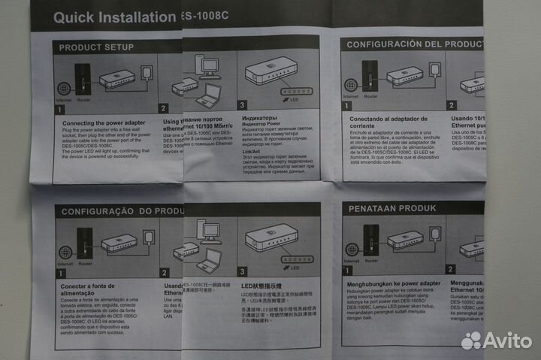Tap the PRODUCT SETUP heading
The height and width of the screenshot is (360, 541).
96,47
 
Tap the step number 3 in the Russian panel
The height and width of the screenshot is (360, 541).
242,105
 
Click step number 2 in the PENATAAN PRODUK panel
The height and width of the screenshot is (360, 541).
450,268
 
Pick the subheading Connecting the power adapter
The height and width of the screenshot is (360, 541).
104,123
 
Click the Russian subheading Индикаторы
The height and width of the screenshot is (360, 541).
259,118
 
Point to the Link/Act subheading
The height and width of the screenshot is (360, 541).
252,152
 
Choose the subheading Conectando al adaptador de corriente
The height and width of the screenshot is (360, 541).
388,123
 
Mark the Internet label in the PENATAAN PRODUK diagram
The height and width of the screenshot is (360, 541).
352,261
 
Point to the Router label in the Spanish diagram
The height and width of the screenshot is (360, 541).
370,96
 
